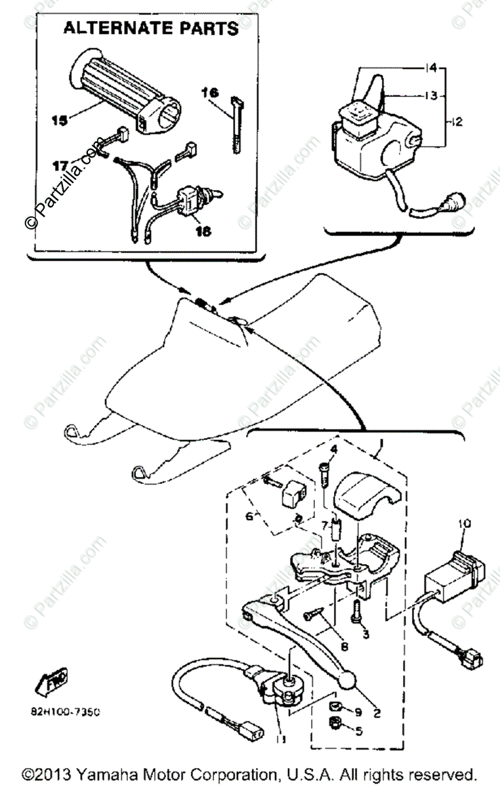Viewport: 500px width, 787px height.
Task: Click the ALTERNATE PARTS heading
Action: click(x=150, y=29)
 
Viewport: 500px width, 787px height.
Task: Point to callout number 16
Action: click(x=210, y=93)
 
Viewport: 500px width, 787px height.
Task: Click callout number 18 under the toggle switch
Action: click(x=203, y=232)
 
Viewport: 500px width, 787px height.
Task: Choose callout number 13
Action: click(x=430, y=96)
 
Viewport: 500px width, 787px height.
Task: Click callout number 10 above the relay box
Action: click(x=465, y=524)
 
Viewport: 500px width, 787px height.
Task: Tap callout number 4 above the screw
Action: click(x=333, y=449)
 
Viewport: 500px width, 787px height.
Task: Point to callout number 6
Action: click(x=250, y=517)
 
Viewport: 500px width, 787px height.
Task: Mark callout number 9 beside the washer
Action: click(x=358, y=712)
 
